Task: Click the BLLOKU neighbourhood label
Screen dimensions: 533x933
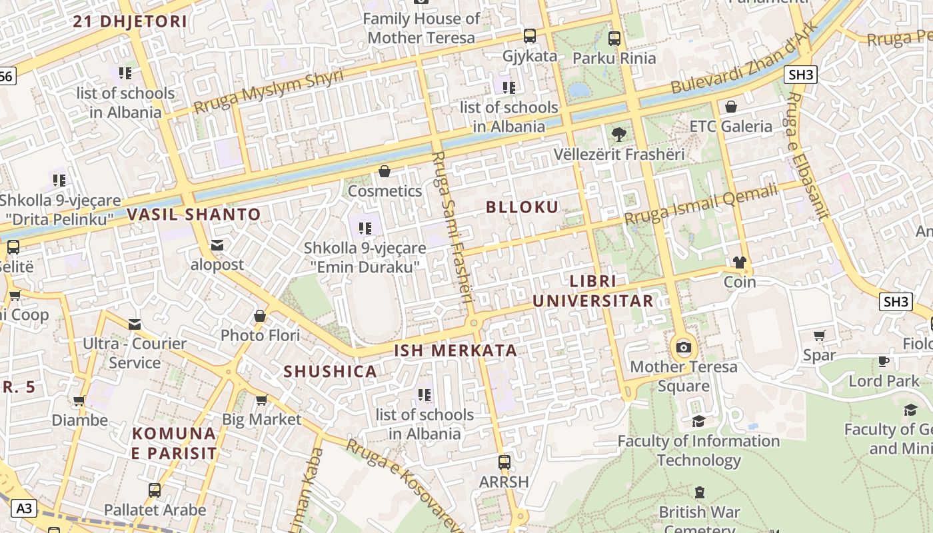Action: coord(522,207)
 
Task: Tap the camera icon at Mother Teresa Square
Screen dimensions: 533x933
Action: coord(683,347)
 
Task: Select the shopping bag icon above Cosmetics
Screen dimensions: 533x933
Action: coord(385,172)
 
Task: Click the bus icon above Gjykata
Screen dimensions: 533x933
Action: coord(530,36)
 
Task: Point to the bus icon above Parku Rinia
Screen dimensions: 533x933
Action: coord(614,39)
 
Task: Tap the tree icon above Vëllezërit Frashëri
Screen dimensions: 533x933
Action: coord(618,135)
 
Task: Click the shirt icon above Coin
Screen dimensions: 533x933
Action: coord(740,263)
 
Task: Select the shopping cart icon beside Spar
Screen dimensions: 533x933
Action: coord(819,336)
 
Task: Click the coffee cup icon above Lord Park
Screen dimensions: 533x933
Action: coord(884,362)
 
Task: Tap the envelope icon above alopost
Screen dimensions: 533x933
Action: coord(217,245)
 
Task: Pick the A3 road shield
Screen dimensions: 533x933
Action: coord(23,509)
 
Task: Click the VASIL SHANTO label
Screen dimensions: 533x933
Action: coord(193,215)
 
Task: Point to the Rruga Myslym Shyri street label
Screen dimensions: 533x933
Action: coord(269,91)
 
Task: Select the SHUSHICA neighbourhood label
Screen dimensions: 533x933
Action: coord(331,372)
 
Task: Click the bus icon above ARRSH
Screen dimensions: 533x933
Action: coord(504,462)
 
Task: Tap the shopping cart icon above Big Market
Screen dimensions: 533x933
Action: coord(261,400)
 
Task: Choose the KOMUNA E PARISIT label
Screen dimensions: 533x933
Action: coord(174,444)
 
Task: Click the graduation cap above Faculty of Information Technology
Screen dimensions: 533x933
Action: coord(698,421)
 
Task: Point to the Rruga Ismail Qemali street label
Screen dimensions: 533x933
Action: coord(700,205)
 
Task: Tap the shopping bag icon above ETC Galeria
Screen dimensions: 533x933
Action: coord(731,107)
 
